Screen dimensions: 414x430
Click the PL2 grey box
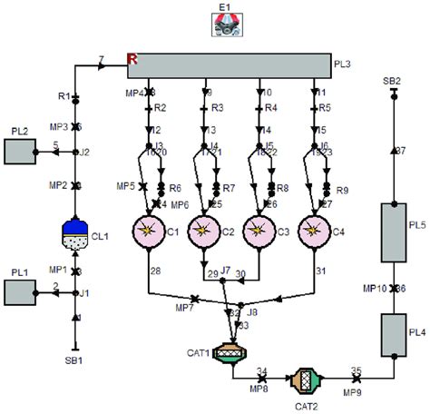coord(19,151)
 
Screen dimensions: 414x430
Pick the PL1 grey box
coord(19,293)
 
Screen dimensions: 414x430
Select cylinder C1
coord(147,233)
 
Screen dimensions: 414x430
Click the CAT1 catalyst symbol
coord(232,352)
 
